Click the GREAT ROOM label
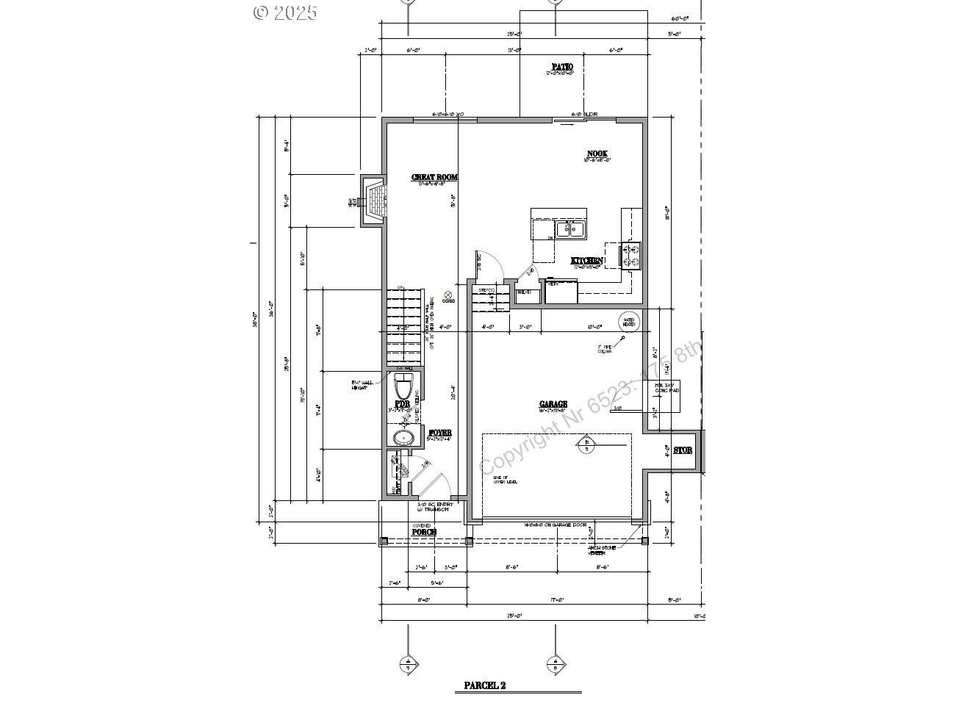(x=434, y=177)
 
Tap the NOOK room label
(x=597, y=154)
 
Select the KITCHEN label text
(x=587, y=261)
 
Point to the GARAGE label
(x=553, y=404)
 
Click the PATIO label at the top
(x=562, y=67)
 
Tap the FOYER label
(x=439, y=433)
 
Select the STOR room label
(x=683, y=450)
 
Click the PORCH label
(x=424, y=531)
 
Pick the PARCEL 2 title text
(x=484, y=686)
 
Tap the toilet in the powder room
(x=403, y=386)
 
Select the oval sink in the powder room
(x=403, y=439)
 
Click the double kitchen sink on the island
(x=569, y=229)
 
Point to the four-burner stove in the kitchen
(x=630, y=256)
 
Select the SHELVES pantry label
(x=524, y=292)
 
